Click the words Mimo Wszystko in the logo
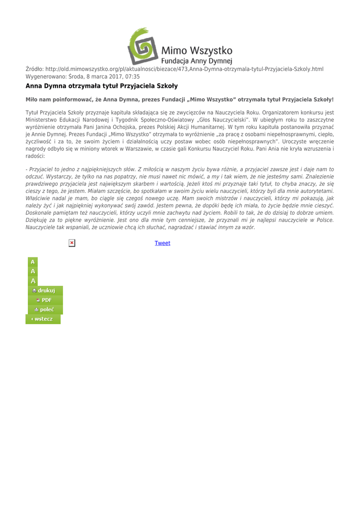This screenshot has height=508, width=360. click(197, 51)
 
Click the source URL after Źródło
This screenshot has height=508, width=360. click(184, 68)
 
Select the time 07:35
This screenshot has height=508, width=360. click(131, 76)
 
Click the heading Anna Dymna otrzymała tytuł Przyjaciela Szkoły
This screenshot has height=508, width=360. click(98, 86)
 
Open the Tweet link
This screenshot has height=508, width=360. click(162, 243)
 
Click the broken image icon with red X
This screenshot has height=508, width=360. click(72, 243)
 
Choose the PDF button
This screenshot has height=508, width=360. click(44, 300)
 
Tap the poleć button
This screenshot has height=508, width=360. click(44, 309)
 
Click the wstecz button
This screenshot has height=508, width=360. click(43, 318)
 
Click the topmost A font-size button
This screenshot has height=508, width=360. click(33, 261)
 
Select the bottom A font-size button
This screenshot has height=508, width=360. click(33, 281)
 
